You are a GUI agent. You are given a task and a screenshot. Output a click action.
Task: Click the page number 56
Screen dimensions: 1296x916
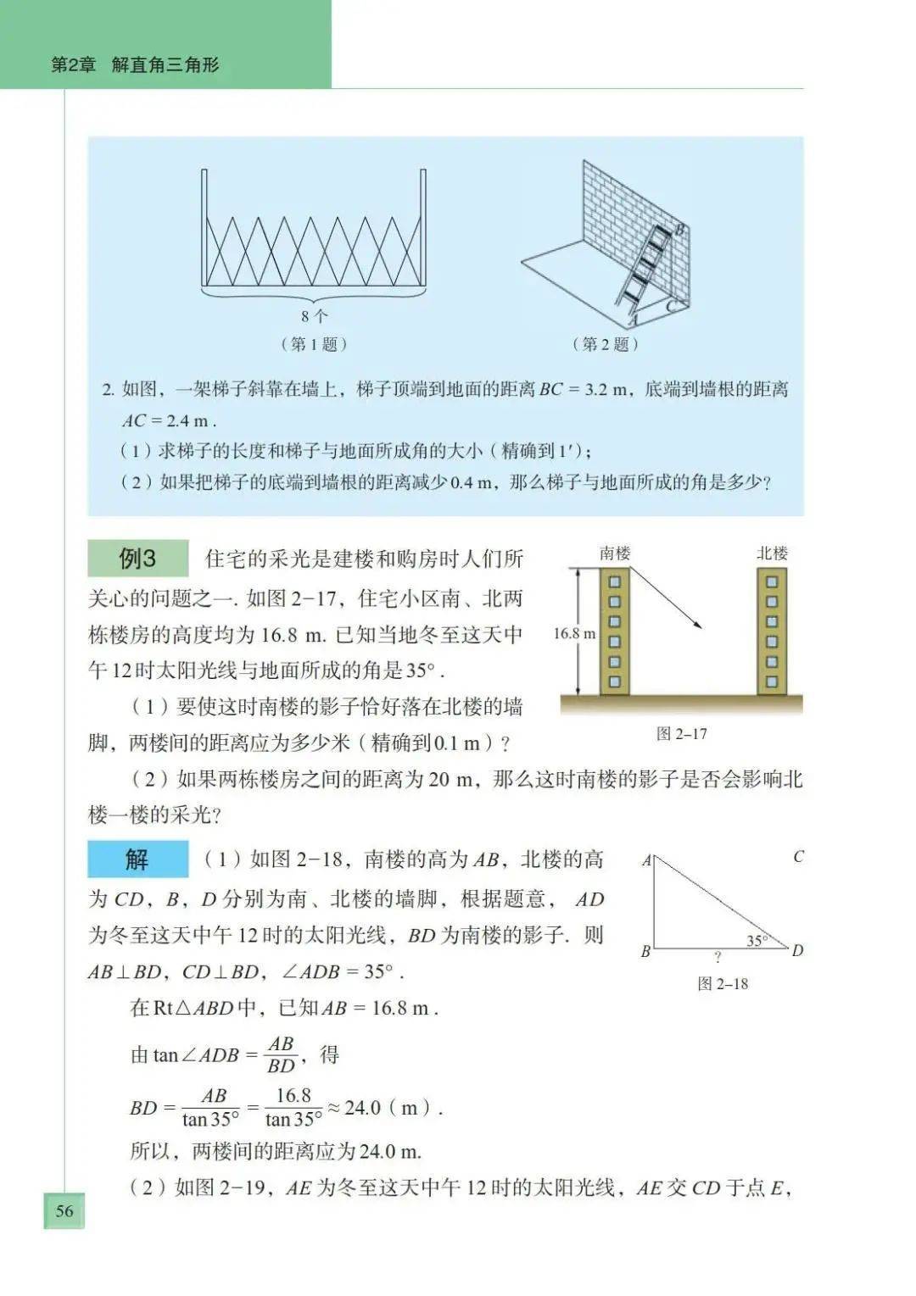[64, 1210]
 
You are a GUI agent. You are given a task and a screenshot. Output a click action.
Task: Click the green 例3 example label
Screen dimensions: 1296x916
[137, 559]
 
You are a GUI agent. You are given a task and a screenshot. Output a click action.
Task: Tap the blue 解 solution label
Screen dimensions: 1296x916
[137, 859]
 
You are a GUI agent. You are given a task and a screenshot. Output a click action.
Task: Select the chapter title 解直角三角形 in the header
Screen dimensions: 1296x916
[165, 65]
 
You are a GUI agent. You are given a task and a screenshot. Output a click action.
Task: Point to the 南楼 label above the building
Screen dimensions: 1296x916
[615, 553]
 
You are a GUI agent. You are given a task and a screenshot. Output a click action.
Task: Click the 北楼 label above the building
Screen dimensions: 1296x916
[772, 553]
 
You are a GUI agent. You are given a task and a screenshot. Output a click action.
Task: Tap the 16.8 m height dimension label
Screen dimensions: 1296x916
[574, 633]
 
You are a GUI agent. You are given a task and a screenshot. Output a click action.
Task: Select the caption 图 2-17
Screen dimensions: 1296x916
[681, 734]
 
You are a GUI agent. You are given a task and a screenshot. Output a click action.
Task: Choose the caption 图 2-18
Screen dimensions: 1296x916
[723, 983]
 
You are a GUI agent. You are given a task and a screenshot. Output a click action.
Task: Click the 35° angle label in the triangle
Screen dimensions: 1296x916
[757, 940]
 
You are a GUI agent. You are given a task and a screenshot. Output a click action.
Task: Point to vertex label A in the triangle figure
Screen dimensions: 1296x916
[646, 860]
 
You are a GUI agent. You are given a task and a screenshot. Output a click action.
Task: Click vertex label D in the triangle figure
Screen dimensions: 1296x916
[797, 951]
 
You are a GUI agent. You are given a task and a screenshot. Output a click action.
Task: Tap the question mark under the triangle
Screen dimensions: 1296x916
[718, 958]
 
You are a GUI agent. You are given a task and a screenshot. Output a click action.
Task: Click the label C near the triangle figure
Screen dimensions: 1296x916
[798, 857]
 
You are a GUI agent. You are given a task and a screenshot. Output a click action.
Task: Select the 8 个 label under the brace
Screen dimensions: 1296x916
[314, 316]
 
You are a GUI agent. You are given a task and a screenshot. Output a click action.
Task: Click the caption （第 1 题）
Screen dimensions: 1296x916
[314, 344]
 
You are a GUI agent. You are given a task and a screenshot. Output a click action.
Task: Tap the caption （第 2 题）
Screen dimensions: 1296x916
[605, 344]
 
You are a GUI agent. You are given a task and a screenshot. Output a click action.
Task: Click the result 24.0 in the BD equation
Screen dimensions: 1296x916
[362, 1108]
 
